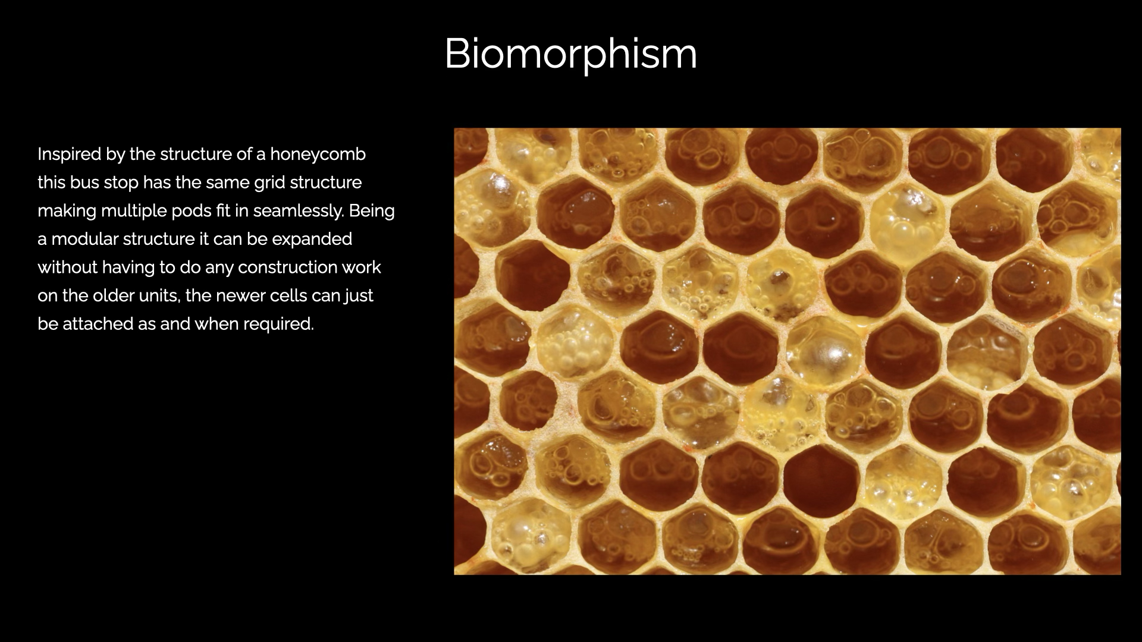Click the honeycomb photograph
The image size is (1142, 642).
coord(787,351)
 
